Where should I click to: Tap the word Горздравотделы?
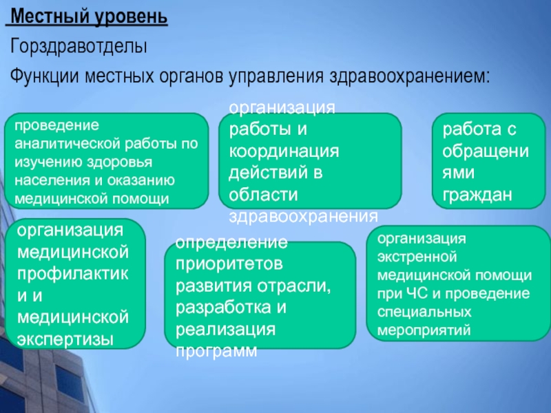pyautogui.click(x=79, y=47)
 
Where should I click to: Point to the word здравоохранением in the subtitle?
pyautogui.click(x=410, y=76)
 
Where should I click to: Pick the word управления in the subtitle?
pyautogui.click(x=276, y=76)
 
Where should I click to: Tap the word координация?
pyautogui.click(x=284, y=151)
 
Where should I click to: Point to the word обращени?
pyautogui.click(x=486, y=151)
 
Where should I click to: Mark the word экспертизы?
pyautogui.click(x=65, y=340)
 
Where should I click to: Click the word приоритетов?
pyautogui.click(x=229, y=264)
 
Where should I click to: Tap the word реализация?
pyautogui.click(x=225, y=330)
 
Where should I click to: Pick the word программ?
pyautogui.click(x=216, y=351)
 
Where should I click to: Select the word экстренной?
pyautogui.click(x=417, y=257)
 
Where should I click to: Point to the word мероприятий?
pyautogui.click(x=424, y=330)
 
